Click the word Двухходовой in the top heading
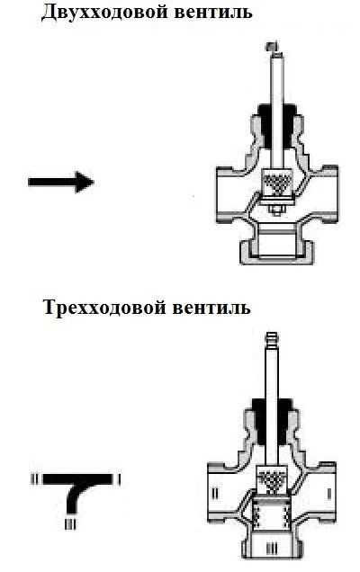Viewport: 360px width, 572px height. [x=104, y=12]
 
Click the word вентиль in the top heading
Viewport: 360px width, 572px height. [x=212, y=13]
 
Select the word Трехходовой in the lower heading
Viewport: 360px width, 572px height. [x=104, y=308]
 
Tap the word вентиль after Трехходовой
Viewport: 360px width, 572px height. [x=211, y=308]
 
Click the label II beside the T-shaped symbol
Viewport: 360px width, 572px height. [x=35, y=478]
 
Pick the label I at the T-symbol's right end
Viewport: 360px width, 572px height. [x=120, y=479]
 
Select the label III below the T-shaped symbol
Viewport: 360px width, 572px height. [x=70, y=524]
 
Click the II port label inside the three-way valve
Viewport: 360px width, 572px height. [x=215, y=494]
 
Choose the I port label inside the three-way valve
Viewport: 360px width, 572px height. [x=328, y=494]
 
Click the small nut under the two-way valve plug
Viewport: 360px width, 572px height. [x=276, y=210]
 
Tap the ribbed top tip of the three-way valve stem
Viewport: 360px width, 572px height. [x=271, y=337]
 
